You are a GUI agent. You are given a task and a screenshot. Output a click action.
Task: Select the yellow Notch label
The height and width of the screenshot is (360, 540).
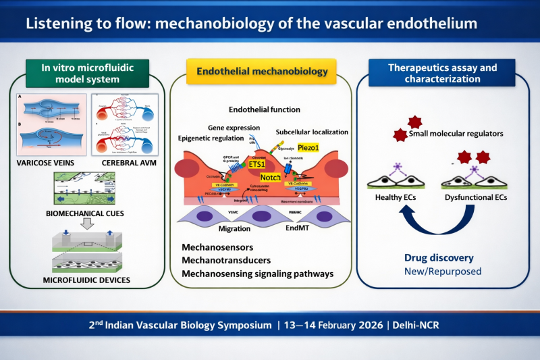tap(270, 176)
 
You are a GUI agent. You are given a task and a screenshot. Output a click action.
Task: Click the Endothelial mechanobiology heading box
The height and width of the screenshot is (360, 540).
tap(262, 71)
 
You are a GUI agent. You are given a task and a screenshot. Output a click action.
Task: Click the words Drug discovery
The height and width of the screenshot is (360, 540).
tap(438, 258)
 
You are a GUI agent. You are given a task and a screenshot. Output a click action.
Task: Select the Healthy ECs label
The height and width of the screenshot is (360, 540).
tap(397, 197)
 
